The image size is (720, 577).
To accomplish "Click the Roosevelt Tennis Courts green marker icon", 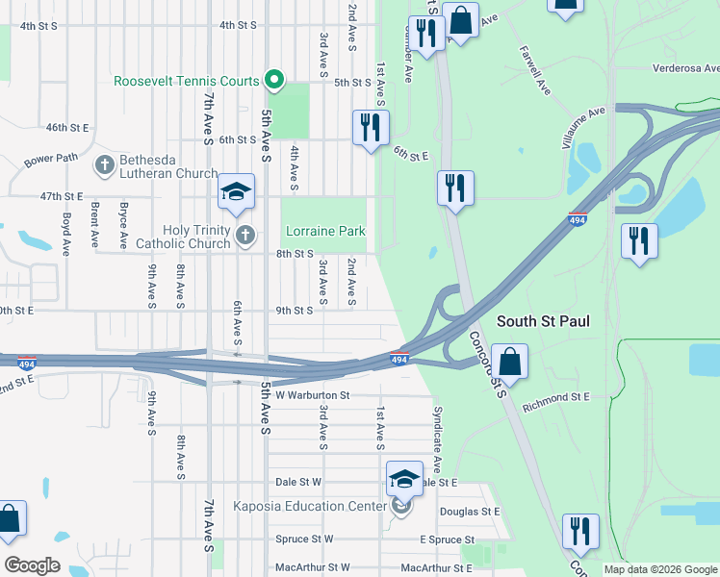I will [273, 81].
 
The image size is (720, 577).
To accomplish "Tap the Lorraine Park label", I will [324, 232].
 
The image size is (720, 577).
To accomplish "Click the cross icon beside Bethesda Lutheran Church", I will [104, 164].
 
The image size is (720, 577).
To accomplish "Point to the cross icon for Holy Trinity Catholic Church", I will [246, 235].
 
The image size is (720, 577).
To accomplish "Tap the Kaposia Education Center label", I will [308, 506].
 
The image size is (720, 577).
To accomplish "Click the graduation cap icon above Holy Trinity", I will [235, 192].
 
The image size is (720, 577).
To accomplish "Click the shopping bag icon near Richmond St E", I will [511, 363].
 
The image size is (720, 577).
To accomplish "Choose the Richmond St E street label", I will [555, 396].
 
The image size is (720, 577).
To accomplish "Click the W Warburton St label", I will [312, 395].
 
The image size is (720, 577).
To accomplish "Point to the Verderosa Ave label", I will [685, 69].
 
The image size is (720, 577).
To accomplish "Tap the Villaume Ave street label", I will [583, 126].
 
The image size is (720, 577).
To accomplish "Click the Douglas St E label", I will [470, 512].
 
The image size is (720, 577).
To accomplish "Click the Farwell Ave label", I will [534, 70].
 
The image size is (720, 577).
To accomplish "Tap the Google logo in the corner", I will [32, 565].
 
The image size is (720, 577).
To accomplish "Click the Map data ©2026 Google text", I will [659, 569].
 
